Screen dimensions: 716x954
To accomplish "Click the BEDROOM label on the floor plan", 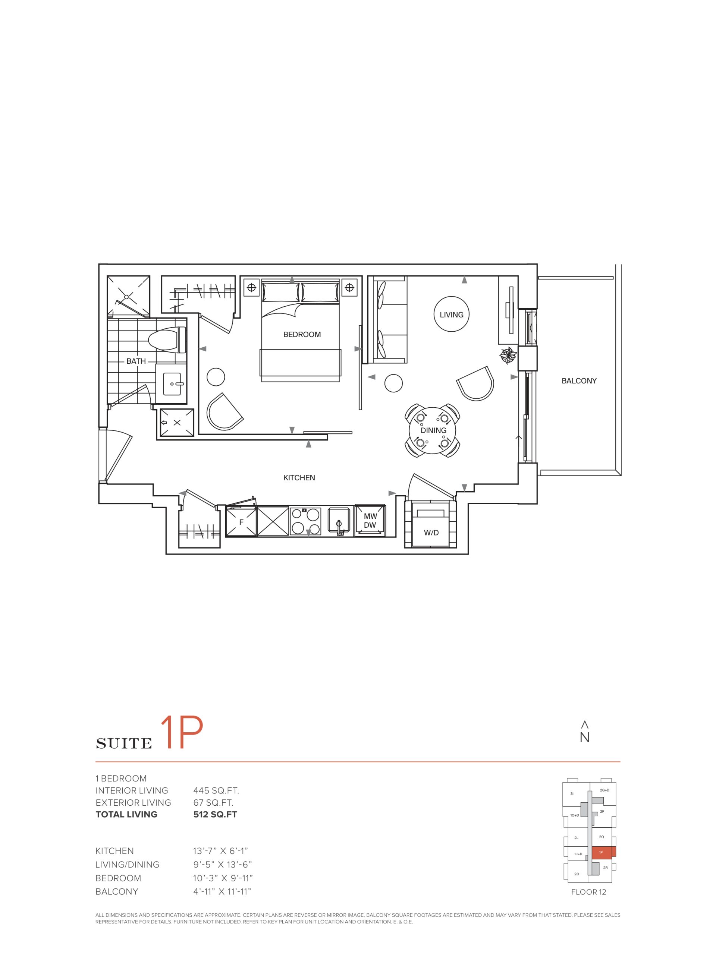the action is point(302,335).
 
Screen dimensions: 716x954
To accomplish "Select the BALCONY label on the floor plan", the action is point(579,381).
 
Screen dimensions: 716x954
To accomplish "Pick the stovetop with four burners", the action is point(305,521).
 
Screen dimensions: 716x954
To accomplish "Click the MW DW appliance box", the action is point(370,521).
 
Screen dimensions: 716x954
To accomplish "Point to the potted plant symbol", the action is point(508,356).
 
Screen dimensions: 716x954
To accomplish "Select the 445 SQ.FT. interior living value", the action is point(216,790).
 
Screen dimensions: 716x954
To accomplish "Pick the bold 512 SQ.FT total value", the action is point(215,814).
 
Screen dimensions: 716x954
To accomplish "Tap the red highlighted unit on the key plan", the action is point(603,852).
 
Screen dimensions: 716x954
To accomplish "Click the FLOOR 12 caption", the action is point(588,892).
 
